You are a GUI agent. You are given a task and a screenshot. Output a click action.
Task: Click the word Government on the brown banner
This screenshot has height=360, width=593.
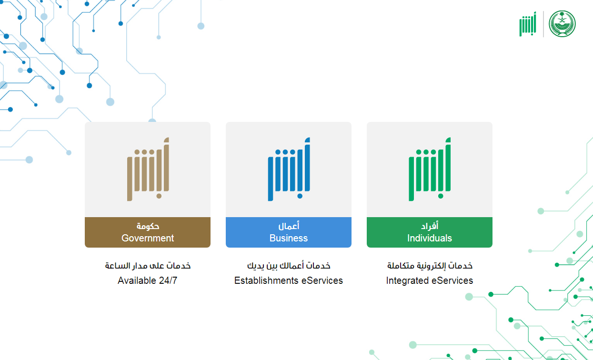pyautogui.click(x=148, y=238)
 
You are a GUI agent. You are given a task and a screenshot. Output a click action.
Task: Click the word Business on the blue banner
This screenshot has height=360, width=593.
pyautogui.click(x=289, y=238)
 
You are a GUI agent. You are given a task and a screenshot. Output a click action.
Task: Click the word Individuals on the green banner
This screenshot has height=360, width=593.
pyautogui.click(x=430, y=238)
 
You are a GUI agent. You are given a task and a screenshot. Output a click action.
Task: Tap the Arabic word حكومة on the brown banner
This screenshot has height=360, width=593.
pyautogui.click(x=148, y=226)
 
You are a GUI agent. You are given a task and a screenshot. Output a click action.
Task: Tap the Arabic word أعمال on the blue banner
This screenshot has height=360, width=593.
pyautogui.click(x=289, y=226)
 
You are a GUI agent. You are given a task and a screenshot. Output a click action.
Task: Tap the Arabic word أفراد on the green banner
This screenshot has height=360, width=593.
pyautogui.click(x=430, y=226)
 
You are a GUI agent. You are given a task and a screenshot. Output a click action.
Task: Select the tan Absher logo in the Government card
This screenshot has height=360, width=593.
pyautogui.click(x=148, y=169)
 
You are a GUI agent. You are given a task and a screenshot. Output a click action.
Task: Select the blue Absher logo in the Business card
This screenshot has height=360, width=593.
pyautogui.click(x=289, y=169)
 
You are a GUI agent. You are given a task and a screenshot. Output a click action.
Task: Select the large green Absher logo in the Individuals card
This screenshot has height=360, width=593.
pyautogui.click(x=430, y=169)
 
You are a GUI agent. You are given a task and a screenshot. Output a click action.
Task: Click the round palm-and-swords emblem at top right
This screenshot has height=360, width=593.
pyautogui.click(x=562, y=24)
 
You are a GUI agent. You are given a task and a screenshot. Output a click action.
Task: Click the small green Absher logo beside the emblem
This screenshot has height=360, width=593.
pyautogui.click(x=528, y=24)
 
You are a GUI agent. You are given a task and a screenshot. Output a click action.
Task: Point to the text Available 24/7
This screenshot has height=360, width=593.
pyautogui.click(x=148, y=280)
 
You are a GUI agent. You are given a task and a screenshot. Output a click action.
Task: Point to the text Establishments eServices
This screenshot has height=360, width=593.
pyautogui.click(x=289, y=280)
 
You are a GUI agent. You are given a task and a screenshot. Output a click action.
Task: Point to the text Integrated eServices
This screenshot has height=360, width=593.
pyautogui.click(x=430, y=280)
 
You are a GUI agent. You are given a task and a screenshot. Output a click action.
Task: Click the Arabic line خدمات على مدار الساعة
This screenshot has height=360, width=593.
pyautogui.click(x=148, y=266)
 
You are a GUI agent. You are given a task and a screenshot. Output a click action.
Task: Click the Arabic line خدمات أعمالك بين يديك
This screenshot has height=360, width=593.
pyautogui.click(x=289, y=266)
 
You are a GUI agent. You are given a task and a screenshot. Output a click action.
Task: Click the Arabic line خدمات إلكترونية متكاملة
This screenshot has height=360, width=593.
pyautogui.click(x=430, y=266)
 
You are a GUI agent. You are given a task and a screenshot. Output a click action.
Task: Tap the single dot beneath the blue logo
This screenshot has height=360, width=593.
pyautogui.click(x=300, y=196)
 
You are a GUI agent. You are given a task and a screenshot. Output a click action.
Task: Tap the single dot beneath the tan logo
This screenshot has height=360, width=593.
pyautogui.click(x=159, y=196)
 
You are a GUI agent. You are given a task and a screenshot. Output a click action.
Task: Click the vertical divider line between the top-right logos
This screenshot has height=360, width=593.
pyautogui.click(x=543, y=24)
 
